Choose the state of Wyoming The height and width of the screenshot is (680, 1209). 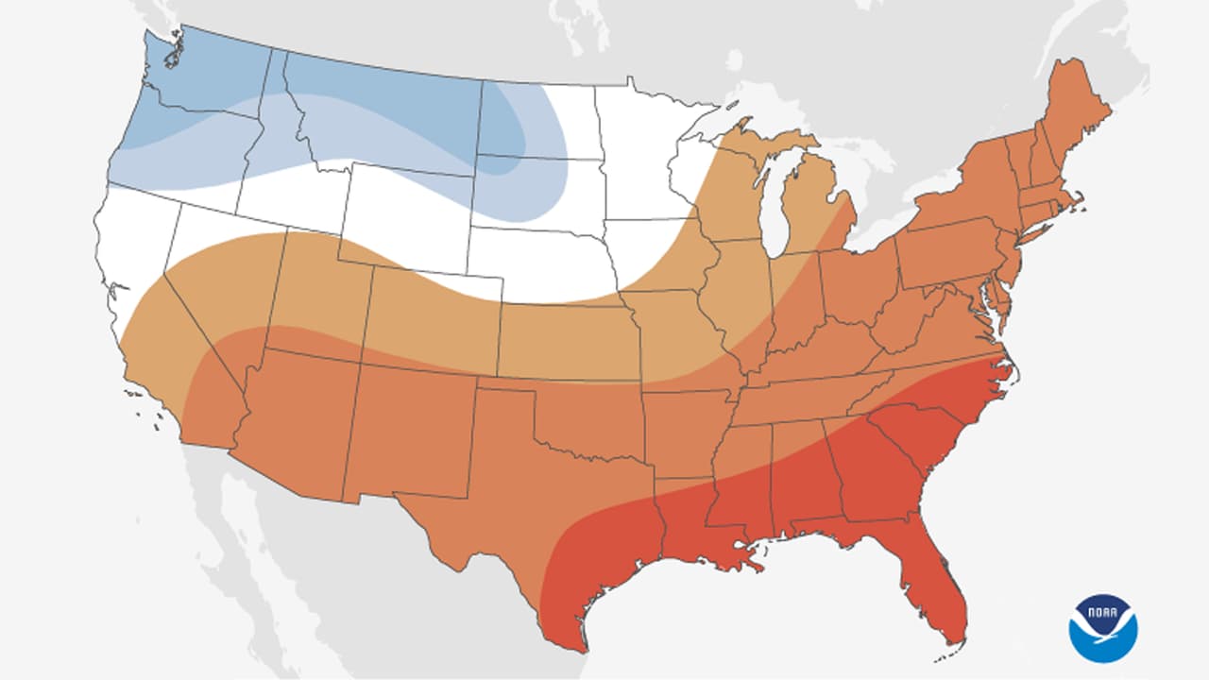click(x=406, y=217)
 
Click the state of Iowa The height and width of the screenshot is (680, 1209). click(x=661, y=264)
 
